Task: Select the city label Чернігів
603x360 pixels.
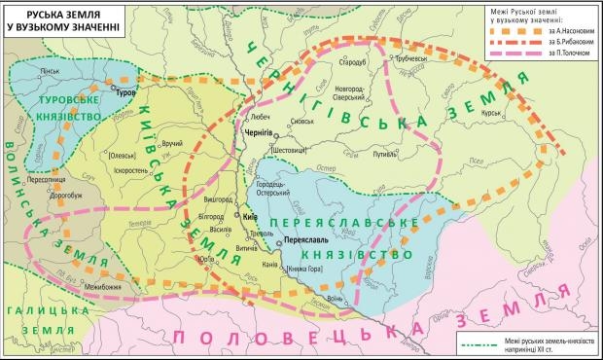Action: click(x=257, y=130)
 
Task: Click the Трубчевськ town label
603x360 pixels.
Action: click(x=409, y=60)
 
